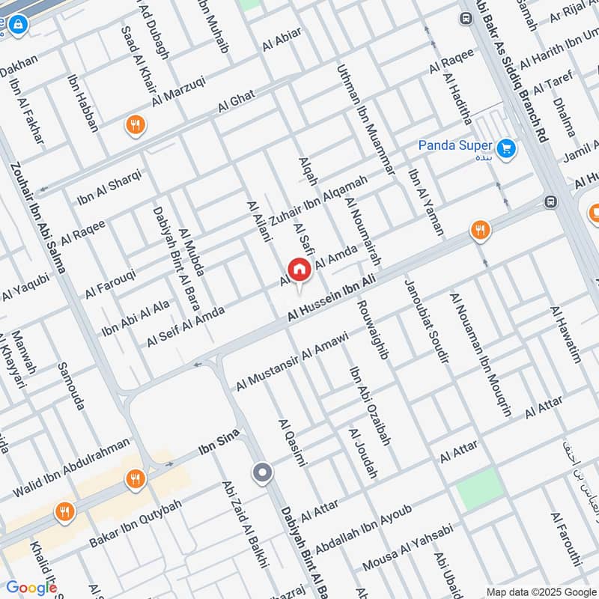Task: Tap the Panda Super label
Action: coord(454,145)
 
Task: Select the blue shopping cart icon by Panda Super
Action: coord(507,148)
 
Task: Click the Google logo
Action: coord(31,588)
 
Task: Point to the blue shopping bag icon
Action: coord(18,27)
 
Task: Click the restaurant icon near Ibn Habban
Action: coord(135,125)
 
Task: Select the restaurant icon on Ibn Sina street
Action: coord(135,478)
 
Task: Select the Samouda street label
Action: coord(70,386)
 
